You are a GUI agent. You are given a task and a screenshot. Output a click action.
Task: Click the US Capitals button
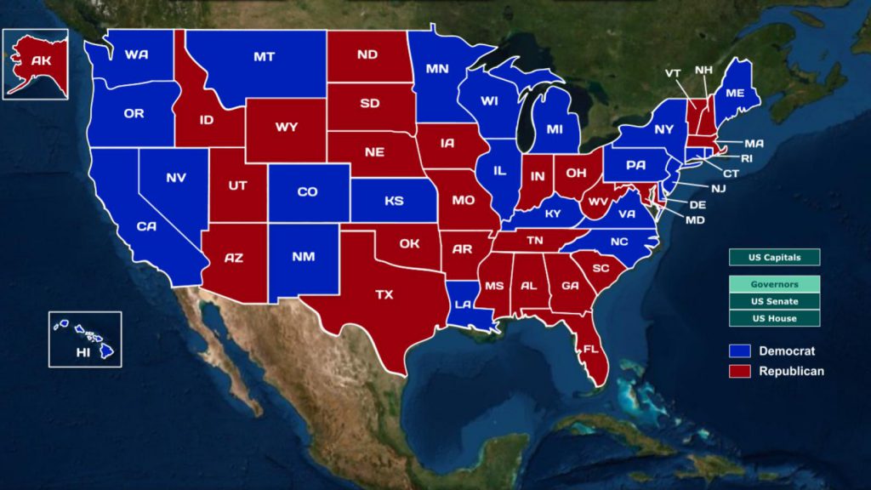(x=774, y=257)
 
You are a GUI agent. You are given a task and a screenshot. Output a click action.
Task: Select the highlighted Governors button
(x=774, y=284)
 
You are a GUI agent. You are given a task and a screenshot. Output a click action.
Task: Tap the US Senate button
(x=774, y=301)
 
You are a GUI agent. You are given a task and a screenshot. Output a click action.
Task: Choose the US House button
(x=774, y=318)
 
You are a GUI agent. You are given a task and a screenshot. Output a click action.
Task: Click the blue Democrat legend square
(x=739, y=351)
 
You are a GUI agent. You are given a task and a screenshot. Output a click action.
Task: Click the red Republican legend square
(x=739, y=371)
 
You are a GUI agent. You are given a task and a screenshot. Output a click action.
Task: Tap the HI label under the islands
(x=83, y=352)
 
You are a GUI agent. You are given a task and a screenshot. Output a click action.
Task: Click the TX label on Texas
(x=384, y=294)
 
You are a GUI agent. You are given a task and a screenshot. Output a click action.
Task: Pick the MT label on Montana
(x=264, y=57)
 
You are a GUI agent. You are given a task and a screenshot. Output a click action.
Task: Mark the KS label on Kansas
(x=394, y=202)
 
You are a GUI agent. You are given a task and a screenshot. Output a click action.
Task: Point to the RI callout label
(x=747, y=157)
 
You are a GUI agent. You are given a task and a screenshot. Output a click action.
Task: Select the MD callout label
(x=695, y=220)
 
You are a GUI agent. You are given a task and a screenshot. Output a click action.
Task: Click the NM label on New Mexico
(x=303, y=256)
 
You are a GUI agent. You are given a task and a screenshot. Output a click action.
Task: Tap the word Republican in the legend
(x=791, y=371)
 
